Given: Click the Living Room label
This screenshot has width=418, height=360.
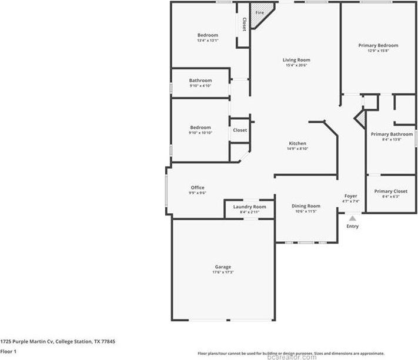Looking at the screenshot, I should (x=296, y=60).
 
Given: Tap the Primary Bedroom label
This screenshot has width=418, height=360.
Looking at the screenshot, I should (x=378, y=45).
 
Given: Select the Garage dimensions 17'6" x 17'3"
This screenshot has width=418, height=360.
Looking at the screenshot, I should (x=222, y=272).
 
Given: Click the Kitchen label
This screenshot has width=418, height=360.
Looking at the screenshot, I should (x=297, y=143).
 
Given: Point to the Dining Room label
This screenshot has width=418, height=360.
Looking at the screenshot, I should (x=306, y=206).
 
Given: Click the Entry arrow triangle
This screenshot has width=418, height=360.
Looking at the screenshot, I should (x=352, y=218).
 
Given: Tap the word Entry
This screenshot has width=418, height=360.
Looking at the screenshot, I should (x=352, y=226).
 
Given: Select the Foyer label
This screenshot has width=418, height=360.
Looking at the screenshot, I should (x=350, y=196).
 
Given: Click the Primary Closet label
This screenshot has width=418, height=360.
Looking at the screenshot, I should (x=390, y=191).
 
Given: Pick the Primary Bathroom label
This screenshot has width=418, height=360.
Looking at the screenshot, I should (x=392, y=134).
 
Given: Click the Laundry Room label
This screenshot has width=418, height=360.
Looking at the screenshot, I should (x=249, y=207).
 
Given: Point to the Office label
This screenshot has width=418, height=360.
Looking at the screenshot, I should (x=197, y=187).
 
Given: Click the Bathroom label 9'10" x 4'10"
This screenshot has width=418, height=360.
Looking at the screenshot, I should (x=200, y=80).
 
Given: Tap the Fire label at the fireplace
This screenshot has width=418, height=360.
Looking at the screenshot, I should (x=259, y=12).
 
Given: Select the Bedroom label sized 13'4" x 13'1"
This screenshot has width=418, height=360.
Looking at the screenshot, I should (x=208, y=35).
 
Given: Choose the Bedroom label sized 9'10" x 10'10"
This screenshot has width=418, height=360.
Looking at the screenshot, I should (x=200, y=127).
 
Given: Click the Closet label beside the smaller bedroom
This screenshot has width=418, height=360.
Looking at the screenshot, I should (x=240, y=130).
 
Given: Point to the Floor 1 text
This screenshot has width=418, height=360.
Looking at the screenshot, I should (x=8, y=351).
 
